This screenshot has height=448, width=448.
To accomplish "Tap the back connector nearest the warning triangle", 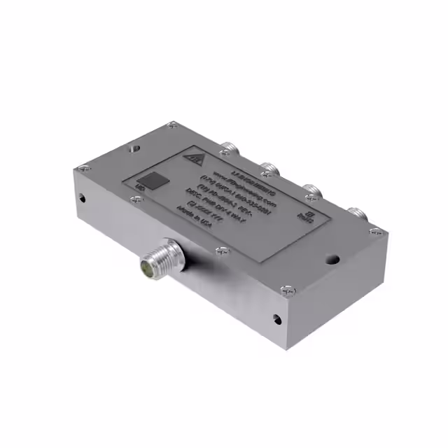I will [x=227, y=149].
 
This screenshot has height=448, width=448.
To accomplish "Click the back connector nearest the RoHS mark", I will [x=356, y=212].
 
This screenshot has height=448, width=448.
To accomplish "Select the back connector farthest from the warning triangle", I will [x=356, y=212].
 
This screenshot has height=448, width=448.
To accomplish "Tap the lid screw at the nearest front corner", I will [x=286, y=288].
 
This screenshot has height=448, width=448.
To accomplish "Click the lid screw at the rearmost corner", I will [x=172, y=126].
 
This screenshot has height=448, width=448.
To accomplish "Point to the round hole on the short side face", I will [x=81, y=198].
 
